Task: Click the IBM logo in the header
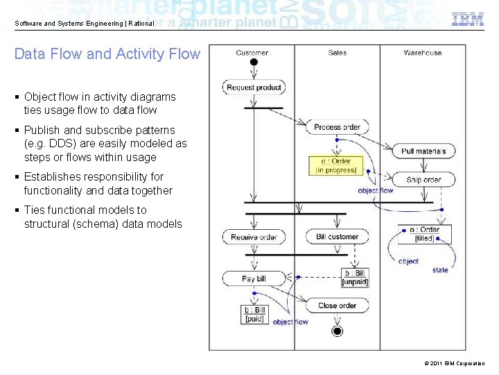(468, 19)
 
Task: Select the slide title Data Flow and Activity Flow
(107, 54)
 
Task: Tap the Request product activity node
(254, 87)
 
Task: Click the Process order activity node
(337, 127)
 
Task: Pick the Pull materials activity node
(423, 151)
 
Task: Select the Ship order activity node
(423, 180)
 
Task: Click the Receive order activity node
(254, 237)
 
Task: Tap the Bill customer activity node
(337, 237)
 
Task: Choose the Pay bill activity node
(254, 278)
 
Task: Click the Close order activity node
(337, 306)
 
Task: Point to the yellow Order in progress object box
(336, 165)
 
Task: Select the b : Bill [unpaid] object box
(355, 278)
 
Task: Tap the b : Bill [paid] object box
(254, 315)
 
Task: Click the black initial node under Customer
(254, 62)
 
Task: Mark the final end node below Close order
(337, 331)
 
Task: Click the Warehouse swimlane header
(423, 53)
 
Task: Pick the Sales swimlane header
(337, 53)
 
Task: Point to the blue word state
(440, 270)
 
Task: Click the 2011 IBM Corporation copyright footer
(451, 364)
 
